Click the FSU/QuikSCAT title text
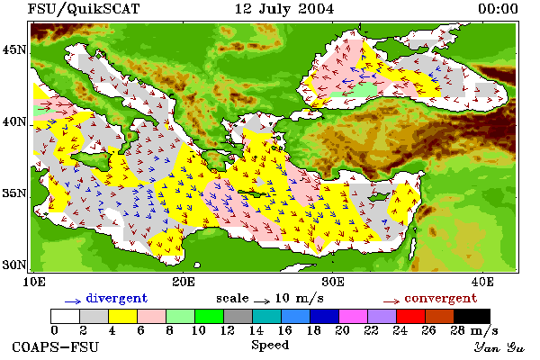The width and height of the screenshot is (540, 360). tap(84, 9)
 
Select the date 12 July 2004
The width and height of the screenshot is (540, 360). tap(284, 9)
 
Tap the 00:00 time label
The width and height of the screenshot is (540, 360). tap(498, 9)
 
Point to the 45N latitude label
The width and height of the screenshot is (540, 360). tap(13, 50)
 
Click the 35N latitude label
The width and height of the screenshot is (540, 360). tap(13, 193)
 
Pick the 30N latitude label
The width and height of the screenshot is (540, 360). tap(13, 265)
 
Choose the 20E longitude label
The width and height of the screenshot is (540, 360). tap(184, 282)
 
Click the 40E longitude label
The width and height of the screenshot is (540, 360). tap(482, 282)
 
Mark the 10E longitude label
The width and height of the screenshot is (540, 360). tap(34, 282)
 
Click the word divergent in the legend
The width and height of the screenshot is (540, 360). tap(116, 298)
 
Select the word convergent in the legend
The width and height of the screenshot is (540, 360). tap(441, 298)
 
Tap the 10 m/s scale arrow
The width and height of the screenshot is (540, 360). tap(262, 301)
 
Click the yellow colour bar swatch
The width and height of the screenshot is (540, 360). tap(122, 316)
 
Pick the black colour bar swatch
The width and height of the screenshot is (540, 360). tap(472, 316)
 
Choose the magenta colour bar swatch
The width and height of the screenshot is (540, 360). tap(353, 316)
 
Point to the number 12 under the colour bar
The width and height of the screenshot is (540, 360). tap(228, 330)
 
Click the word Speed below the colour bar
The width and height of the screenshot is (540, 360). tap(270, 346)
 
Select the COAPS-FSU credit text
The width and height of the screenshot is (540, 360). tap(55, 346)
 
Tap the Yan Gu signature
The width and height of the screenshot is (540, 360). tap(499, 347)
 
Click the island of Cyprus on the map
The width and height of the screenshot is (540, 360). tap(378, 197)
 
